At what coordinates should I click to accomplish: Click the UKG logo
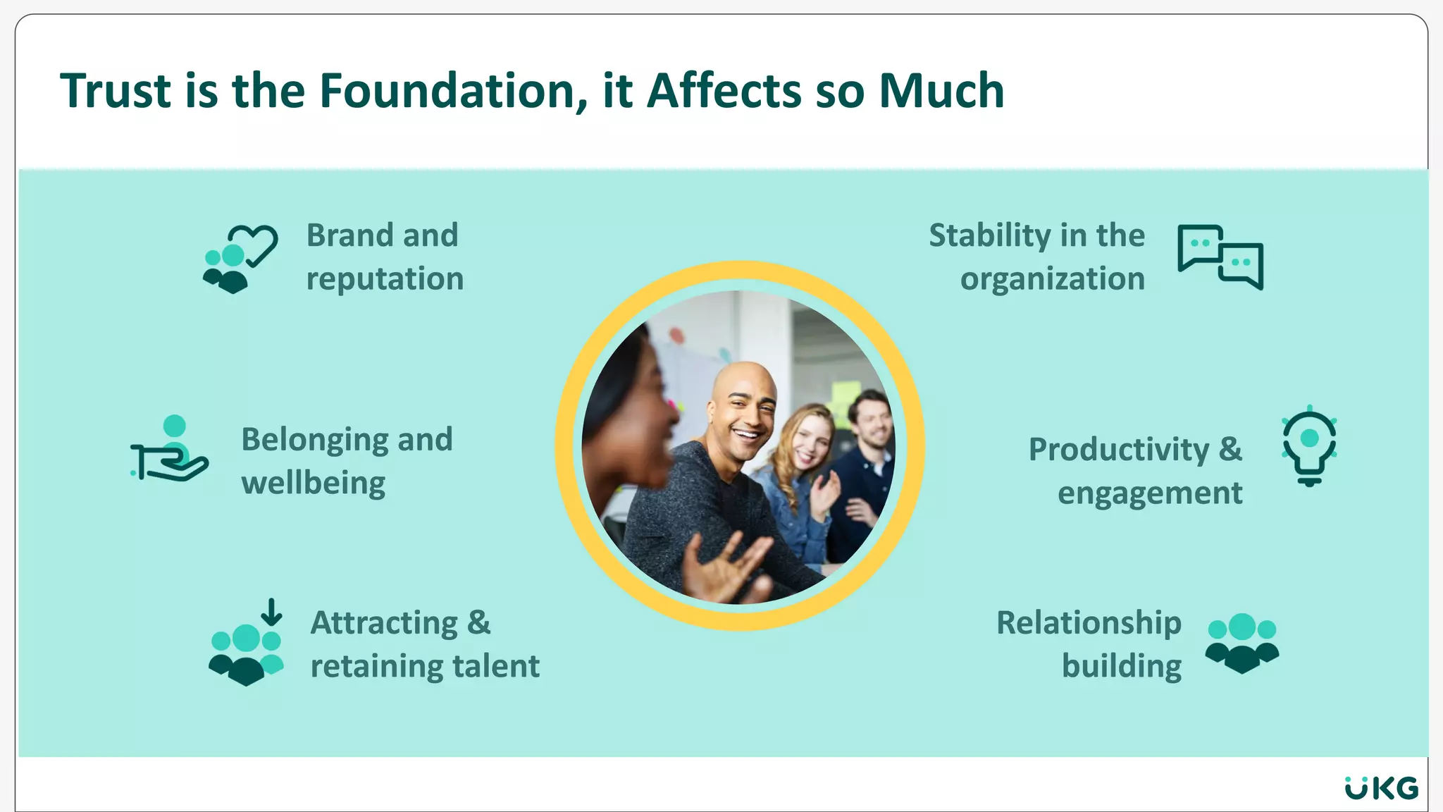(x=1381, y=788)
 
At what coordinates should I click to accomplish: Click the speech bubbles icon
(x=1220, y=257)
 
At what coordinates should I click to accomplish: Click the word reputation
(x=385, y=279)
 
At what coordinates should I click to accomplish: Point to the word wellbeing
(x=313, y=484)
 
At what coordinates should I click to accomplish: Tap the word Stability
(x=990, y=235)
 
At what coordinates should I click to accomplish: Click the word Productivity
(x=1118, y=450)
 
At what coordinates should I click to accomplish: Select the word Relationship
(x=1089, y=623)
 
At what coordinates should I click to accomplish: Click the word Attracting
(x=385, y=623)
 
